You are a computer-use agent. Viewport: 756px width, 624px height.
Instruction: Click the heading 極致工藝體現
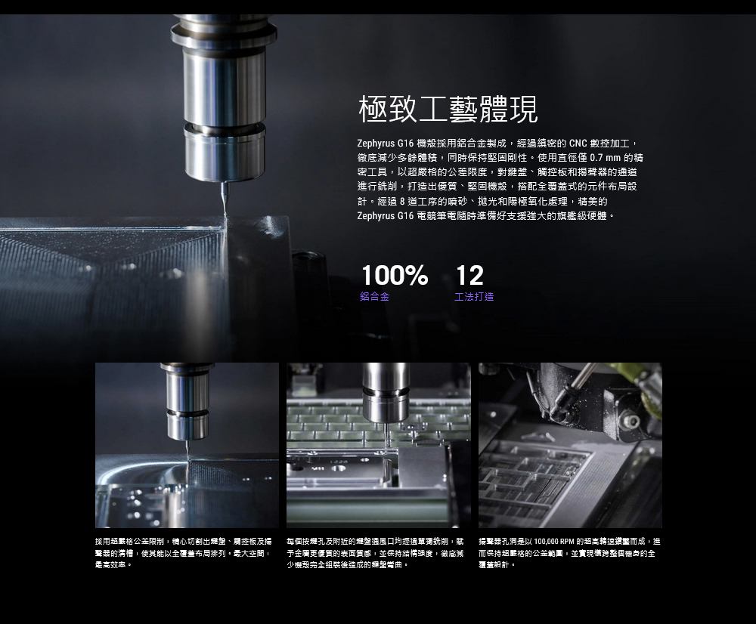[448, 110]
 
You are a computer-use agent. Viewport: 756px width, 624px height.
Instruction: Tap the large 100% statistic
[395, 276]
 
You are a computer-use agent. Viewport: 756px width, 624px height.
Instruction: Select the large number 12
[469, 276]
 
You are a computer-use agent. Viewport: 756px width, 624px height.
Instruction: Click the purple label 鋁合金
[374, 297]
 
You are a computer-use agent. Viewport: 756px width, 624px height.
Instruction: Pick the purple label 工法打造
[474, 297]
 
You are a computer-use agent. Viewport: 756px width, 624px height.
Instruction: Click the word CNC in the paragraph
[578, 143]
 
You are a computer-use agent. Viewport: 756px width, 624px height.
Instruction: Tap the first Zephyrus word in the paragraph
[376, 144]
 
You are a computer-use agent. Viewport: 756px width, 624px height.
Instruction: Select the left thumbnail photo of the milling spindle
[187, 445]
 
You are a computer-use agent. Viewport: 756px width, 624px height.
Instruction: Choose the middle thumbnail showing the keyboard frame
[379, 445]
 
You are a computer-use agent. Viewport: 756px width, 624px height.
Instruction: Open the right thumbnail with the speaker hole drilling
[570, 445]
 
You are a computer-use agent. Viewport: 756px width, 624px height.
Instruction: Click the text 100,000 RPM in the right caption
[554, 542]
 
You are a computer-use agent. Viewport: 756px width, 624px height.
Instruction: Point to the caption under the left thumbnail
[184, 553]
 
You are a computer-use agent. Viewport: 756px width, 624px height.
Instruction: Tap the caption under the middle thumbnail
[375, 553]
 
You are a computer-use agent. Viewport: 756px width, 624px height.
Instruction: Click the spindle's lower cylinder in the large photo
[225, 151]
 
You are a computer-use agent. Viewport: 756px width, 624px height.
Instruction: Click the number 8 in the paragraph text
[402, 202]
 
